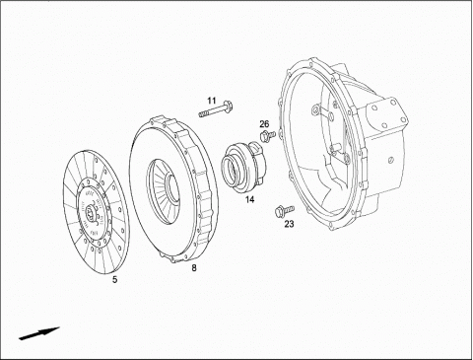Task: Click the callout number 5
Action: [x=114, y=279]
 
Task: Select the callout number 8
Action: [x=194, y=268]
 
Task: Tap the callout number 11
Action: [x=212, y=101]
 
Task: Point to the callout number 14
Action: [x=250, y=199]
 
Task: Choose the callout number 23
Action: [x=289, y=224]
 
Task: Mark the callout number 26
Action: [x=264, y=124]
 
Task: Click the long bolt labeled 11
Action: [x=215, y=108]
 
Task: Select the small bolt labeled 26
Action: [x=267, y=136]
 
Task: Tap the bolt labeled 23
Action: [x=285, y=210]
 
